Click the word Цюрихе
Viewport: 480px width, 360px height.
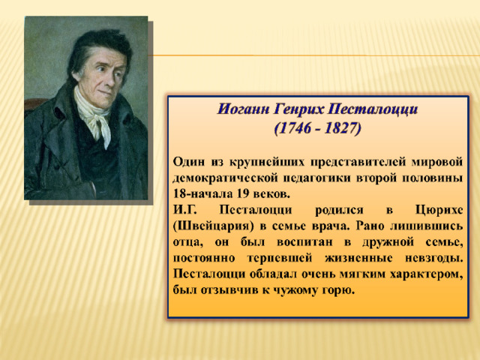439,211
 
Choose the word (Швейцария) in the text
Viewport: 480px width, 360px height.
214,226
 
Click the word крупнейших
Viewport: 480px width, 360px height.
267,162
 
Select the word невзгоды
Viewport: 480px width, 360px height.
434,259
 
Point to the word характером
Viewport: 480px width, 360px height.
427,274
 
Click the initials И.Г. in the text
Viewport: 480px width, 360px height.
185,211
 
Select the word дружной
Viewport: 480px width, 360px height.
388,242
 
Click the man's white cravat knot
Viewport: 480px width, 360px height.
97,118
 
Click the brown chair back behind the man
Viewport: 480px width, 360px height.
34,104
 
